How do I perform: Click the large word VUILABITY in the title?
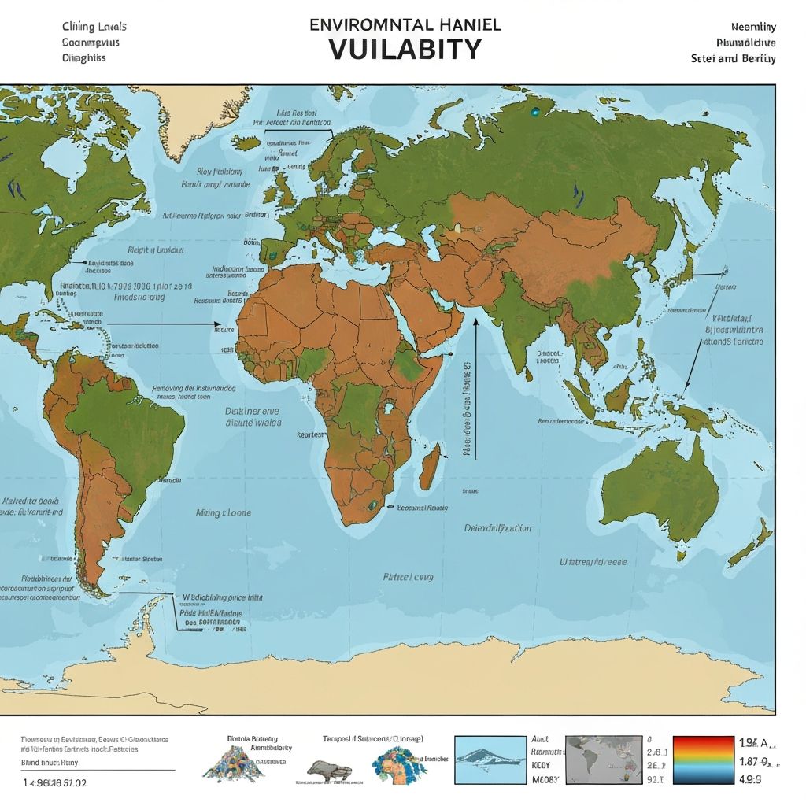coord(404,48)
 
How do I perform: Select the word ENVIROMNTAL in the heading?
coord(359,24)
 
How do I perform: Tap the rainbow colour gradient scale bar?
coord(704,762)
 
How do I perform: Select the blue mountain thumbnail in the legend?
coord(490,760)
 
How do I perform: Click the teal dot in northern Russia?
coord(535,113)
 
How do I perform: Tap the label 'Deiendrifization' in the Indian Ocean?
coord(497,528)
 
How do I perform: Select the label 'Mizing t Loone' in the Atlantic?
coord(224,512)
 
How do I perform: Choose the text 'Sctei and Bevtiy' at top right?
coord(733,58)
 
